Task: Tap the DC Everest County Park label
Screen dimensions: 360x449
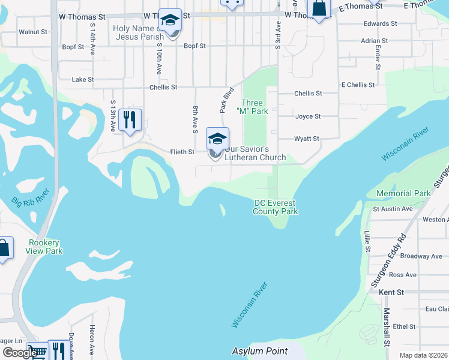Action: pos(276,207)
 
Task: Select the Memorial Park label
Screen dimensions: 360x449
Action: pos(403,193)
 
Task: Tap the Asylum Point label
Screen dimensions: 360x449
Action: pos(260,351)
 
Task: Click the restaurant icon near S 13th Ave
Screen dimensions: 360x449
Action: pos(130,120)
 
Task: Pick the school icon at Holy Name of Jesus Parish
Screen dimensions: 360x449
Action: pos(170,20)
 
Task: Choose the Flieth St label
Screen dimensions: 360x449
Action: pos(182,152)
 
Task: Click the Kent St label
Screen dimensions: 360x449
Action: pos(391,292)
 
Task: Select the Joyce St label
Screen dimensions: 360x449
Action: pos(307,116)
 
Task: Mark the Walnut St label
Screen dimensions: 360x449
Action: pos(33,31)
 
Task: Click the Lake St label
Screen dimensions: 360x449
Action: pos(83,79)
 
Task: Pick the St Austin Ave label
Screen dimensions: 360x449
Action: pos(393,209)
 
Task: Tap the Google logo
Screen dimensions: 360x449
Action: pos(20,352)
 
